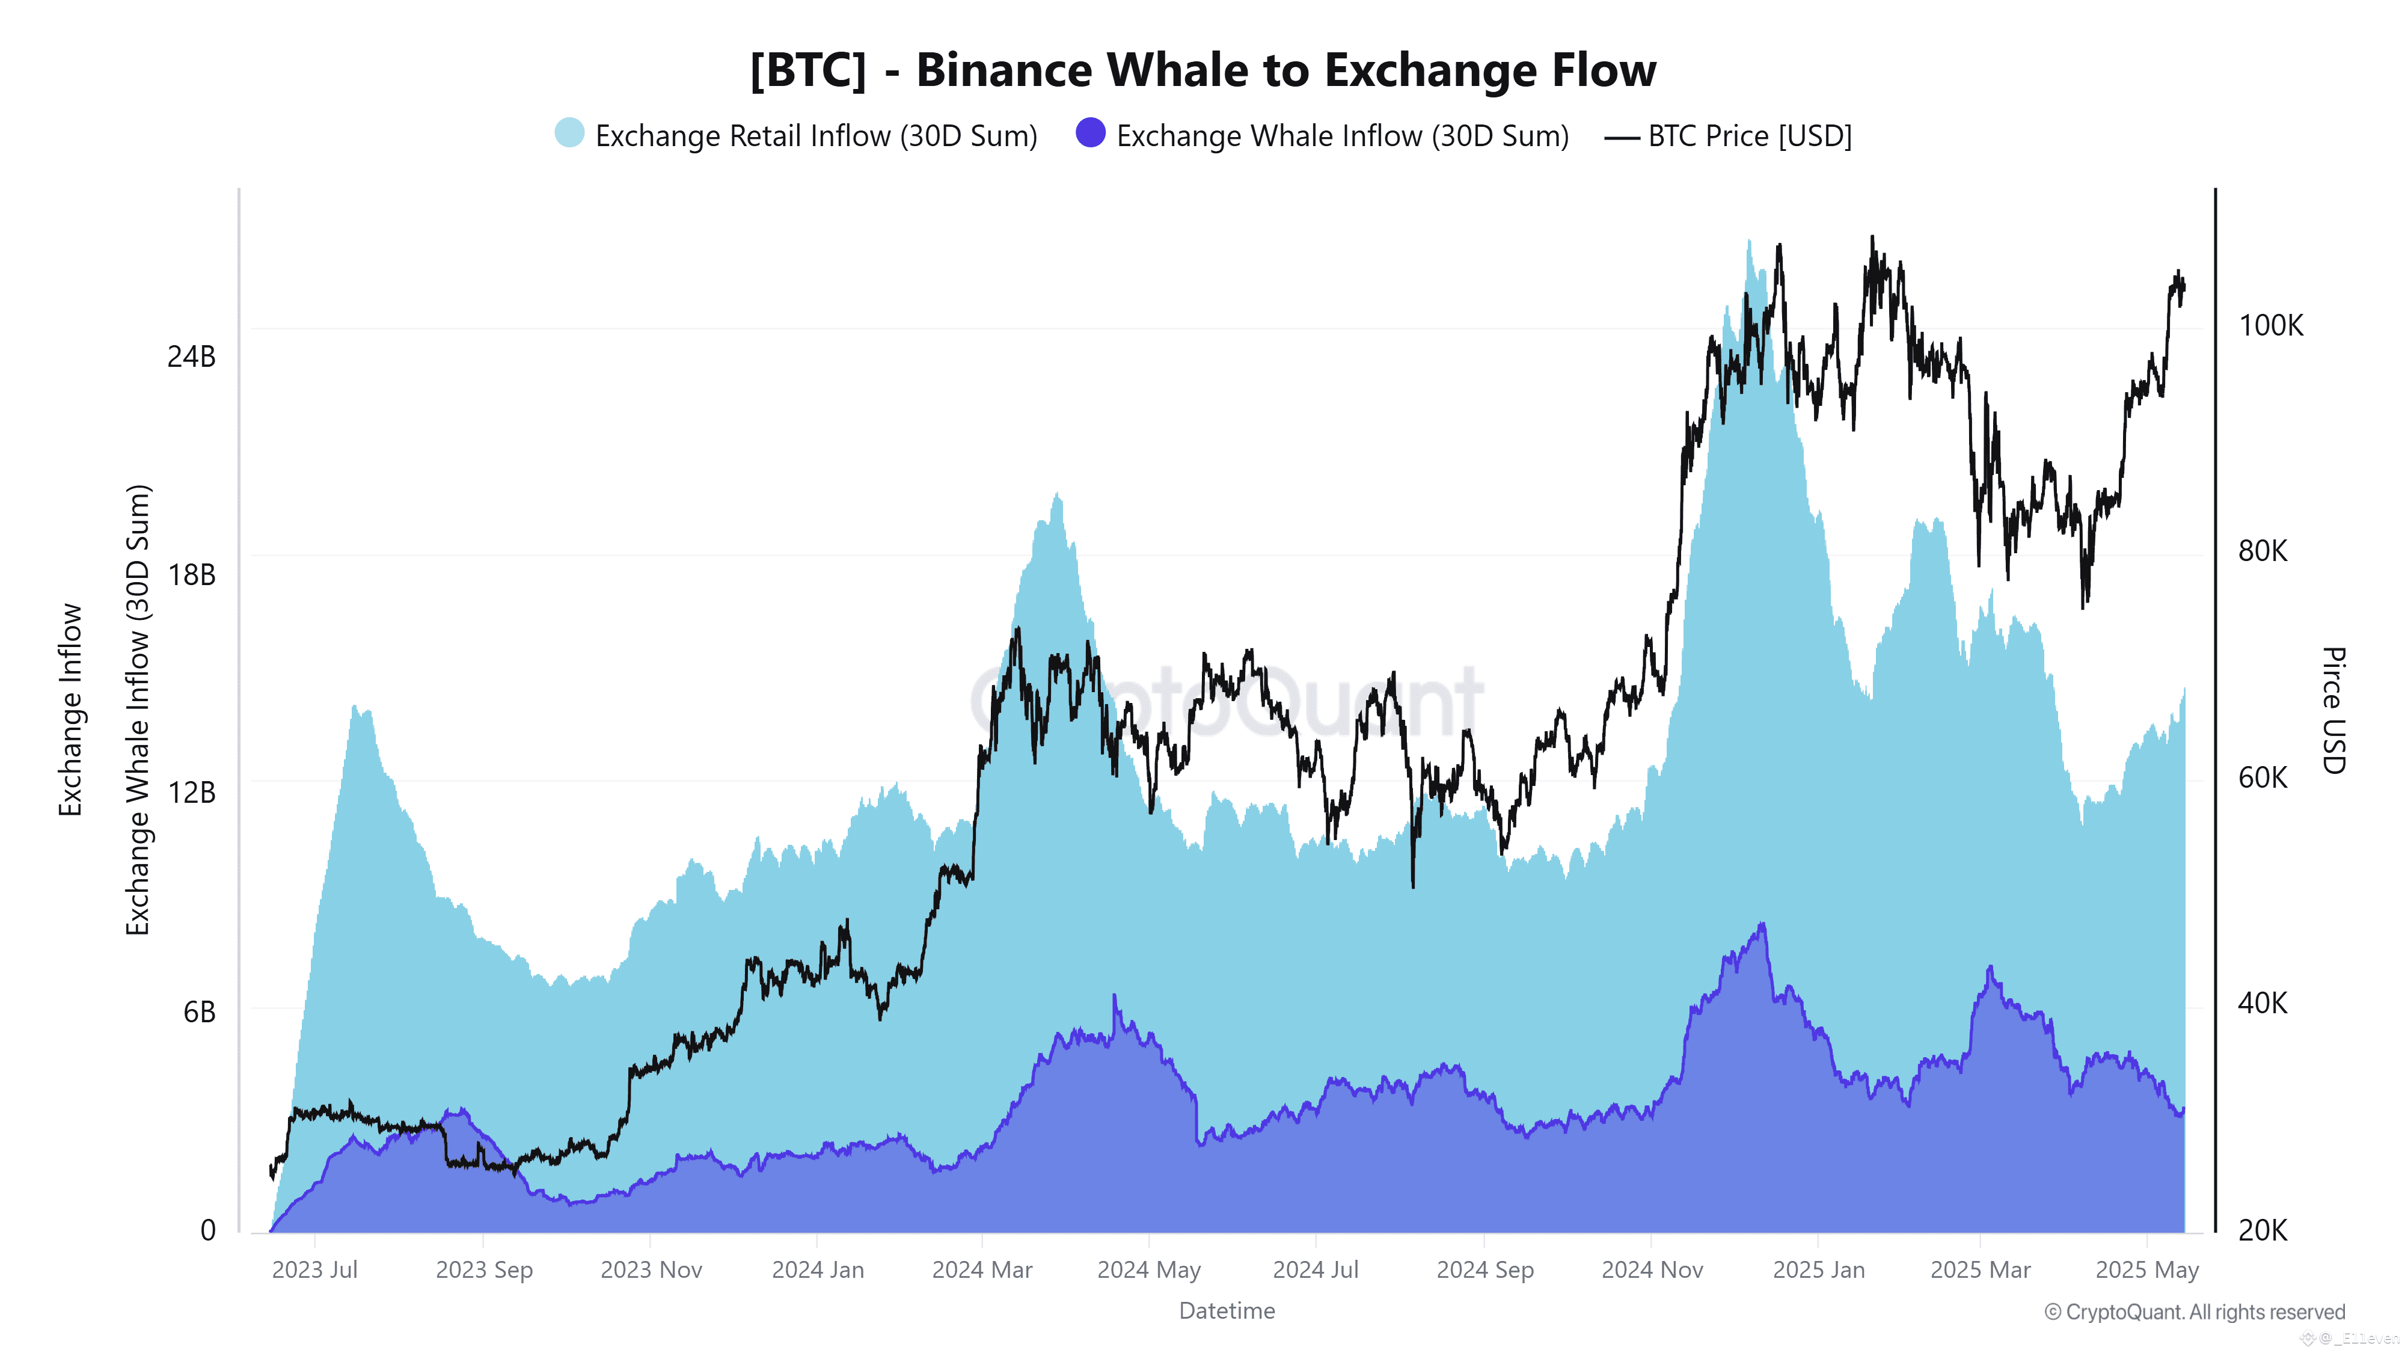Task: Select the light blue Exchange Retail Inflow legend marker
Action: coord(569,133)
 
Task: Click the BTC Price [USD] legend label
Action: coord(1748,137)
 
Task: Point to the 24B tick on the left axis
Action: coord(191,357)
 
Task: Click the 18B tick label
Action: coord(191,575)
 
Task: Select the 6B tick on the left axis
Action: coord(199,1012)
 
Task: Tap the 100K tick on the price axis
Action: coord(2270,326)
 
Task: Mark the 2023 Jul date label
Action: coord(314,1270)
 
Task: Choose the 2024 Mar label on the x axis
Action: coord(982,1270)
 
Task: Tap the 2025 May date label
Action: coord(2146,1270)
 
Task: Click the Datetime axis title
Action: coord(1227,1311)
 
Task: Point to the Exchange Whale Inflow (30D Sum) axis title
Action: coord(138,710)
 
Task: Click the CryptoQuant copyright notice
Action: coord(2194,1312)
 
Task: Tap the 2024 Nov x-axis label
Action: coord(1652,1270)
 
